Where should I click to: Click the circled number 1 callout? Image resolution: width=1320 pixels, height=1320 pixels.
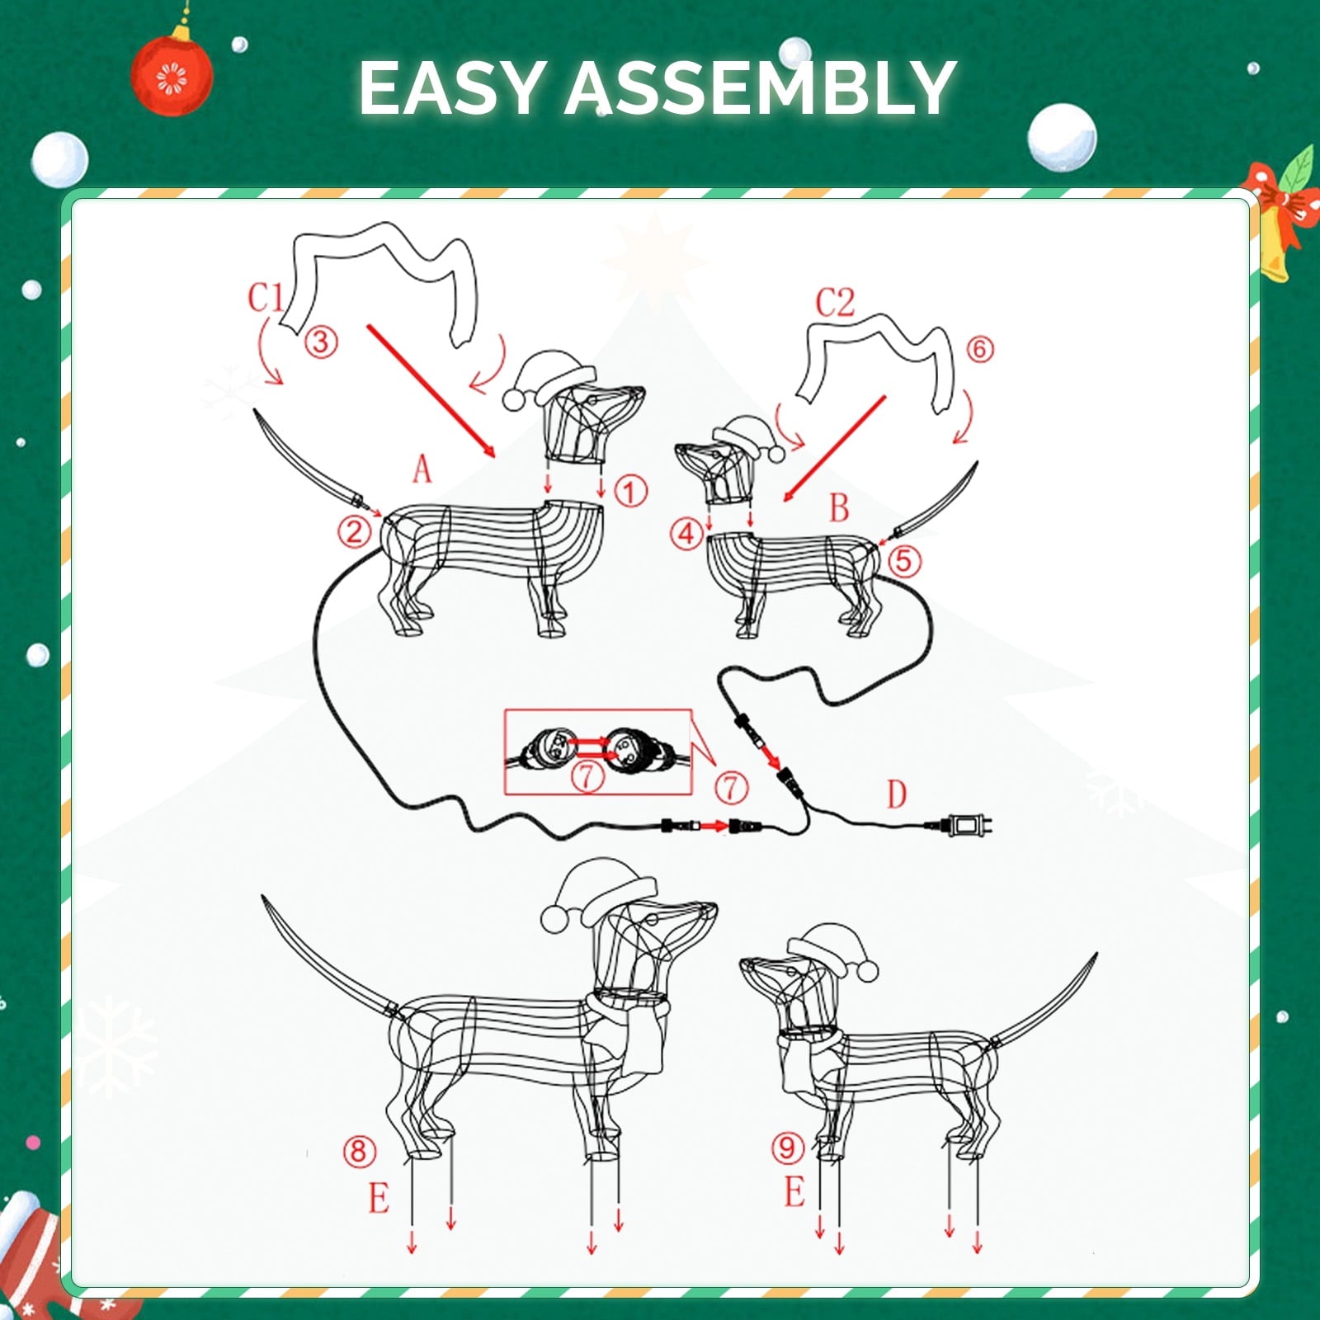tap(630, 493)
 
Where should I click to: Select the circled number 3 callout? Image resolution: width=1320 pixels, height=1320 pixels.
tap(321, 342)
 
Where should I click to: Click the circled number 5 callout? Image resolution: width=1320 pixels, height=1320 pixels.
tap(904, 561)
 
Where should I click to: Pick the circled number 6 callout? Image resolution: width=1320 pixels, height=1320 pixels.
tap(979, 349)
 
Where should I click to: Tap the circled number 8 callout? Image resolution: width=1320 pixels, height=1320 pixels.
tap(358, 1151)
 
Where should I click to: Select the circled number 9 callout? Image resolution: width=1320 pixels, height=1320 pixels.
tap(788, 1147)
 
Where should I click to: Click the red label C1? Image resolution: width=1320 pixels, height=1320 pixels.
tap(266, 298)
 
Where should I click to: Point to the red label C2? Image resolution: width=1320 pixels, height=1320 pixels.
tap(835, 304)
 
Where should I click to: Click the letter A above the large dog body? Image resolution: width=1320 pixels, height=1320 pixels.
tap(422, 469)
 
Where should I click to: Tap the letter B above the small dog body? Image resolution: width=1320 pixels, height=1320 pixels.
tap(839, 508)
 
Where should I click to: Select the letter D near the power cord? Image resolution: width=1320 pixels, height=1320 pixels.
tap(897, 794)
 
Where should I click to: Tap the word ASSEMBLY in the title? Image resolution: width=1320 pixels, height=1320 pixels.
tap(759, 88)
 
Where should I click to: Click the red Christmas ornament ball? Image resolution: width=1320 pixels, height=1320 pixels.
tap(173, 76)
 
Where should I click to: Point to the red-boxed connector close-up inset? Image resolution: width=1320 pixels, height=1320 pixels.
tap(596, 752)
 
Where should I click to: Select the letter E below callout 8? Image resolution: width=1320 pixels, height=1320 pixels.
tap(379, 1198)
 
